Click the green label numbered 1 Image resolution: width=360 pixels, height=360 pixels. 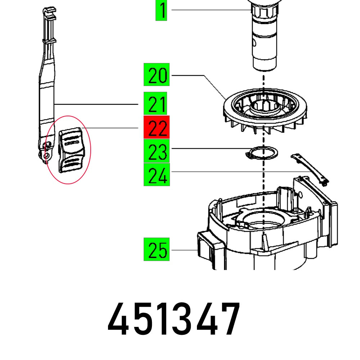pyautogui.click(x=161, y=10)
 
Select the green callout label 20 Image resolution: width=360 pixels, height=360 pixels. pyautogui.click(x=157, y=75)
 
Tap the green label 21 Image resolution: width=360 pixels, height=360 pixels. pyautogui.click(x=157, y=104)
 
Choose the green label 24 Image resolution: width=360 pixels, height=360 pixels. pyautogui.click(x=157, y=175)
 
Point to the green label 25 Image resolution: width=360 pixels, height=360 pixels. pyautogui.click(x=157, y=249)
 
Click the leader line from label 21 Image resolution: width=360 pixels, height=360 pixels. pyautogui.click(x=97, y=104)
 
